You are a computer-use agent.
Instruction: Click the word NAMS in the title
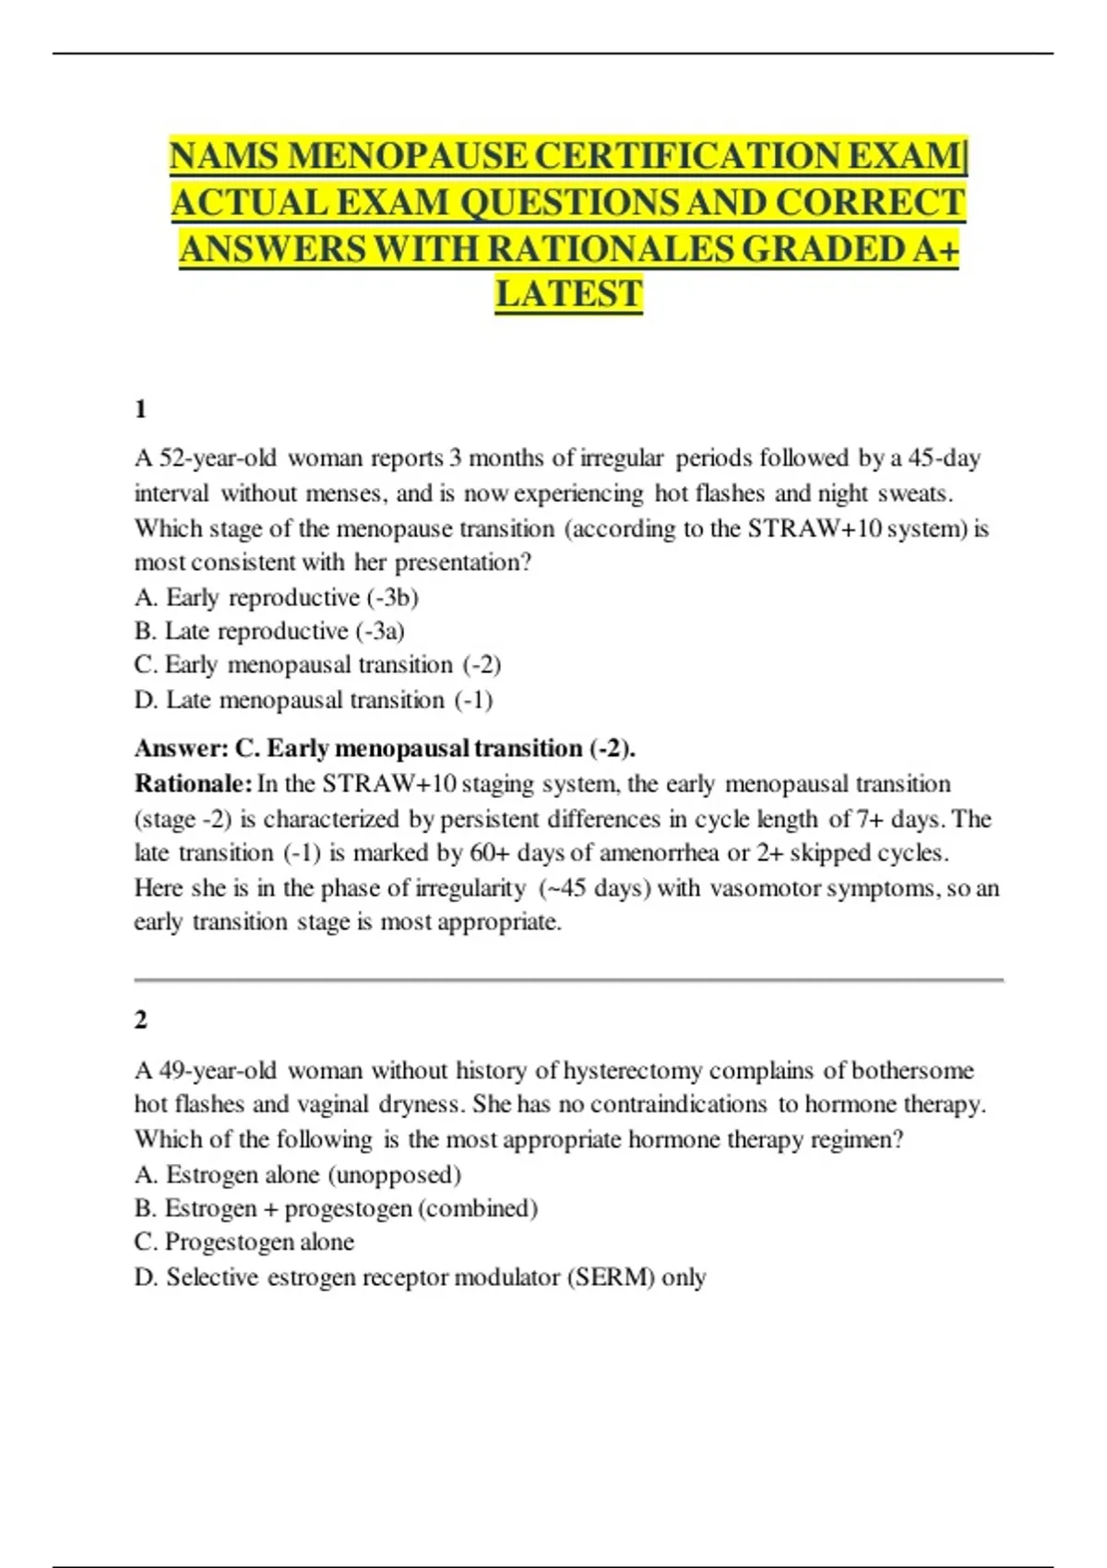click(x=224, y=156)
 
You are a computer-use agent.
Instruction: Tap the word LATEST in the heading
click(x=568, y=294)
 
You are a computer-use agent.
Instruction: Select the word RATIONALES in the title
click(x=612, y=249)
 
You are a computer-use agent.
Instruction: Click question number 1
click(x=140, y=409)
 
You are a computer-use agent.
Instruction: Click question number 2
click(x=140, y=1019)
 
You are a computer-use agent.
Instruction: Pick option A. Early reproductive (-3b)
click(x=276, y=598)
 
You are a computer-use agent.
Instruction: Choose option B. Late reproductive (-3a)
click(x=269, y=631)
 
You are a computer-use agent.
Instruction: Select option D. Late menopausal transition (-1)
click(x=314, y=700)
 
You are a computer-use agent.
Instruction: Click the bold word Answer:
click(x=181, y=748)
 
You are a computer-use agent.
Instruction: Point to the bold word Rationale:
click(x=193, y=784)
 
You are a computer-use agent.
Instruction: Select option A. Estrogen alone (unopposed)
click(x=297, y=1174)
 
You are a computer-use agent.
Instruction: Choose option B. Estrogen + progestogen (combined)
click(x=336, y=1208)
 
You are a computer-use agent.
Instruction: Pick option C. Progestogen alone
click(x=244, y=1242)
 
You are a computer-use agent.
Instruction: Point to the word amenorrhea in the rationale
click(x=659, y=852)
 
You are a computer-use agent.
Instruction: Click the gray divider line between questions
click(x=568, y=980)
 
